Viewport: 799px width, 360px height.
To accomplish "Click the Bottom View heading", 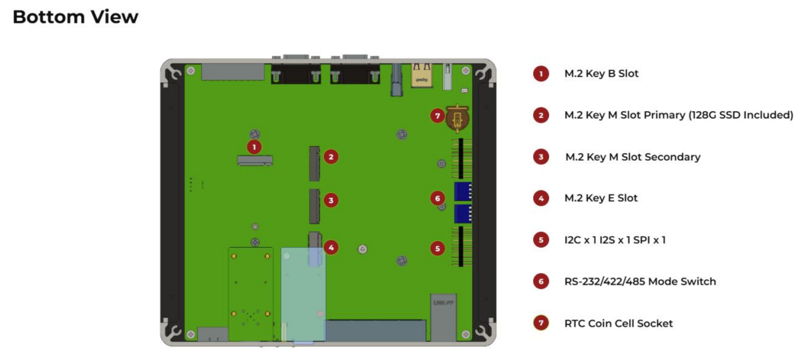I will tap(75, 17).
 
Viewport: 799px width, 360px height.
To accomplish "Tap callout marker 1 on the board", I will tap(254, 147).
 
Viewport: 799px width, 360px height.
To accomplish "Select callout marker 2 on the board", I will tap(331, 157).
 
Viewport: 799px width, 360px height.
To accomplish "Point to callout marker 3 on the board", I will tap(331, 200).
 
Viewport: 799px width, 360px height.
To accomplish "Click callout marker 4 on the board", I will tap(331, 248).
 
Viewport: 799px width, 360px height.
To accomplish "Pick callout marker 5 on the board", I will tap(437, 249).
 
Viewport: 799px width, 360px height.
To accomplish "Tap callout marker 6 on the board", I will tap(437, 198).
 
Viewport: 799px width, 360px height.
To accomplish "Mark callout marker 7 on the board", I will tap(437, 116).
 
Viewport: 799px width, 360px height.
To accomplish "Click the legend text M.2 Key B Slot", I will tap(601, 73).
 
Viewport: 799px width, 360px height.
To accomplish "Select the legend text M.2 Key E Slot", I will tap(601, 198).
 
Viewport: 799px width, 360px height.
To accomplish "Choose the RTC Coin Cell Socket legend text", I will tap(618, 323).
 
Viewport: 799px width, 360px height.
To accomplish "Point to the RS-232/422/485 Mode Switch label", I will tap(640, 281).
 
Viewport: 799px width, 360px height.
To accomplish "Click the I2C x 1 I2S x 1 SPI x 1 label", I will tap(614, 240).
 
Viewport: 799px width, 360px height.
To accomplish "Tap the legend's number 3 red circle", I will tap(541, 157).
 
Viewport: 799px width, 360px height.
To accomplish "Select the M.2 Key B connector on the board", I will tap(255, 161).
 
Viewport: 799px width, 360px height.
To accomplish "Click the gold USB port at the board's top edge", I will tap(421, 76).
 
